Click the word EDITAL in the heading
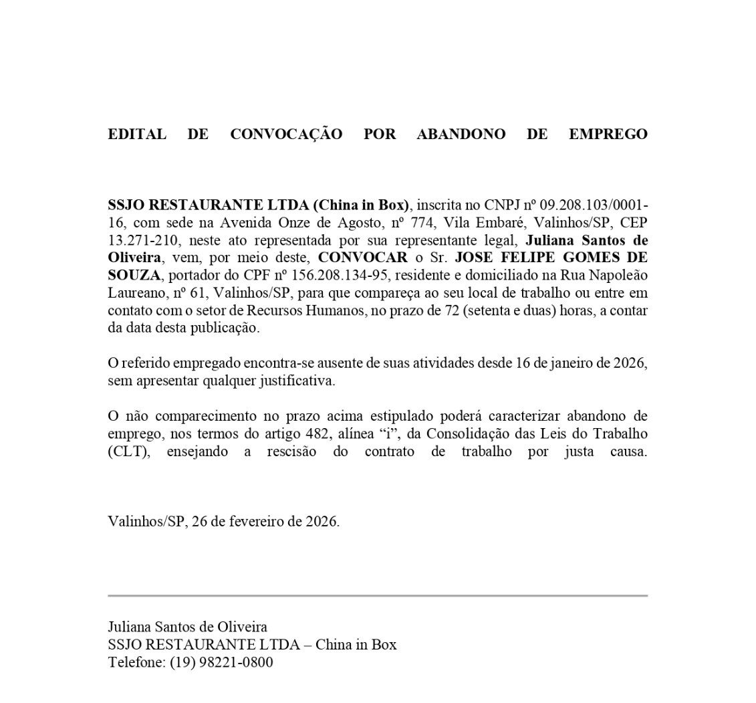point(137,134)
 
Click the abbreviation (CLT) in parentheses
point(130,452)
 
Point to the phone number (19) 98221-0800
point(221,663)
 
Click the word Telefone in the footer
point(136,663)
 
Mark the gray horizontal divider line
point(378,595)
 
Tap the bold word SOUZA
point(134,276)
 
